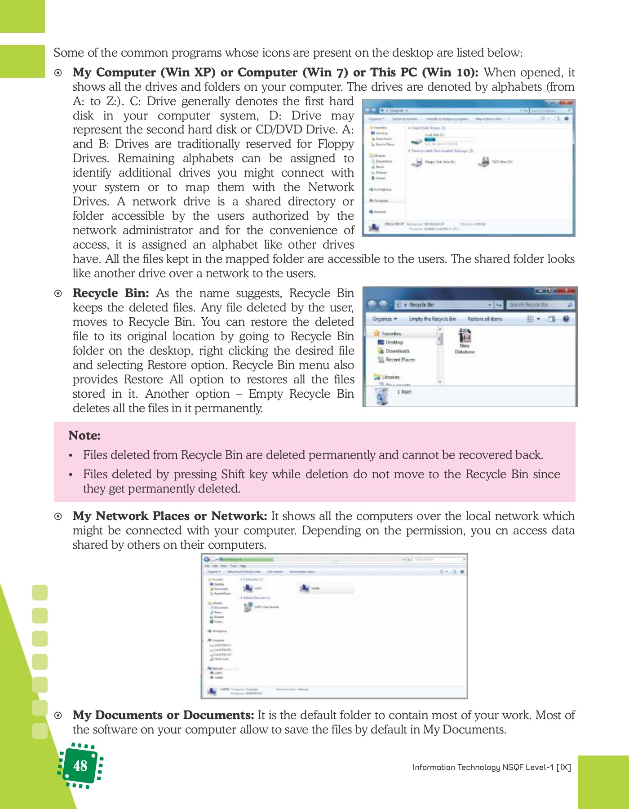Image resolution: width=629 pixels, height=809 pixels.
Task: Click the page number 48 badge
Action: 80,766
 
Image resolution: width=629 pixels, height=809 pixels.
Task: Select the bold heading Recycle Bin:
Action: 111,293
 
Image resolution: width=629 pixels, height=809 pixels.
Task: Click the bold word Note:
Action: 84,436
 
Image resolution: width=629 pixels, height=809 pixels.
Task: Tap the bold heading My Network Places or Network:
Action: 170,516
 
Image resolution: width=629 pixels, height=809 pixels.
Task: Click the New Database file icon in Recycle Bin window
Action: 465,337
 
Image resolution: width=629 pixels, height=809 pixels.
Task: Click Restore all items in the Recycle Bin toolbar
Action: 485,319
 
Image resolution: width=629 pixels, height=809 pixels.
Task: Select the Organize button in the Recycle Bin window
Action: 385,319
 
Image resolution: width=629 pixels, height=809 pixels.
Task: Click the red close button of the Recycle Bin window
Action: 567,290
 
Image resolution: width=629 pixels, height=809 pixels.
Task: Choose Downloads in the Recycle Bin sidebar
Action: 397,351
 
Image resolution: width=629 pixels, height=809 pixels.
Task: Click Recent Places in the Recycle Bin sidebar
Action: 400,360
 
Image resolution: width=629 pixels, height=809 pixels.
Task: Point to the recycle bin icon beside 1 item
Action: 382,396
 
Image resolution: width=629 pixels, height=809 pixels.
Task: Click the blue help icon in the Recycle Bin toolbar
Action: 566,319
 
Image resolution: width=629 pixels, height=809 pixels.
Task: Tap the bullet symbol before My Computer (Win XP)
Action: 58,73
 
